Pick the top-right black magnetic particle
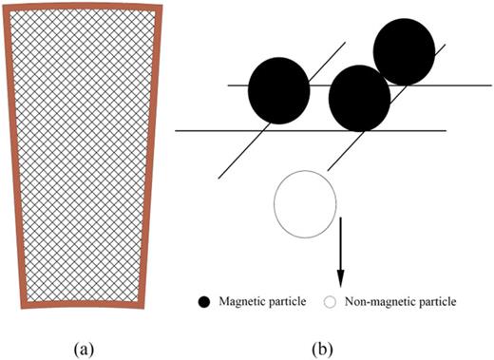[x=407, y=49]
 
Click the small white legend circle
[x=331, y=302]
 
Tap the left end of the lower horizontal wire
[x=177, y=130]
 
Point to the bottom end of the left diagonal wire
[x=218, y=177]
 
